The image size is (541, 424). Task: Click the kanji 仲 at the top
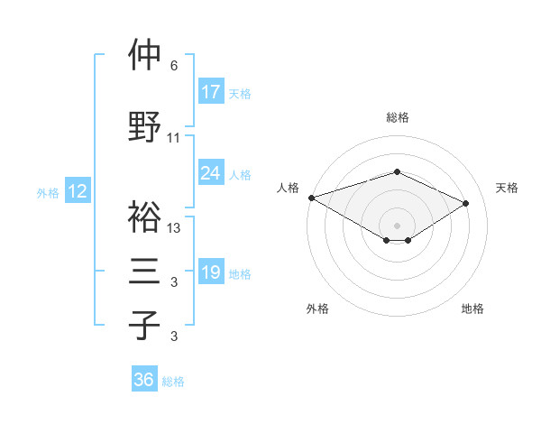point(145,57)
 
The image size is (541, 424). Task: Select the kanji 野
point(145,126)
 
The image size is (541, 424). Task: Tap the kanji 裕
point(145,217)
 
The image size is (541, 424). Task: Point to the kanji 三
point(145,272)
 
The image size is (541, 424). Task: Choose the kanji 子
point(145,325)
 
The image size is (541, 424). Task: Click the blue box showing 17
point(211,92)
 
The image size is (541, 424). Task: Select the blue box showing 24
point(211,173)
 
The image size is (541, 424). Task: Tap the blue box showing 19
point(211,272)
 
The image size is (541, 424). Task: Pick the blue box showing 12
point(78,191)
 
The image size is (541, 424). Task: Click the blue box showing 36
point(144,380)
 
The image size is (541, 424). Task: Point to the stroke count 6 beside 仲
point(174,66)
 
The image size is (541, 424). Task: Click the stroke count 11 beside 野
point(174,138)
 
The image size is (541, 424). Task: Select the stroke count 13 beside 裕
point(174,228)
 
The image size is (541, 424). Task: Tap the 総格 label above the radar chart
point(397,117)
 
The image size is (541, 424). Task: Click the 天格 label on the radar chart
point(507,188)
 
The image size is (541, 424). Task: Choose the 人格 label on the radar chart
point(288,188)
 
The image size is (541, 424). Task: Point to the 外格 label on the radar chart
point(316,309)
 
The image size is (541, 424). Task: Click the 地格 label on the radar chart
point(472,309)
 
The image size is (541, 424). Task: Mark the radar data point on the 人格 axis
point(311,197)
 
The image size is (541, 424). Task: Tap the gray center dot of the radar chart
point(397,225)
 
